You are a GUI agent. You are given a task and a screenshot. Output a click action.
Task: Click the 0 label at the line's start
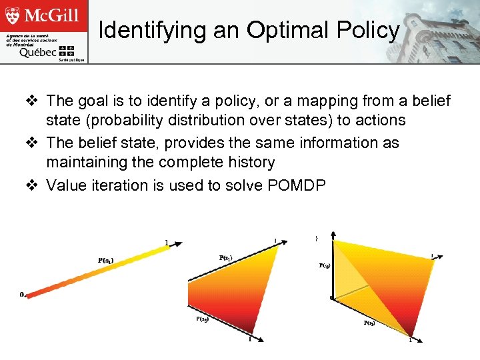click(21, 294)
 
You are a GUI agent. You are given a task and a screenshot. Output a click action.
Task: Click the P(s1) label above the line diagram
click(105, 261)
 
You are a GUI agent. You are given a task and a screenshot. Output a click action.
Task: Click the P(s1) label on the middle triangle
click(227, 257)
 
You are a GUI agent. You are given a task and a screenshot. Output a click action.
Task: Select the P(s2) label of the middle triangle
click(203, 319)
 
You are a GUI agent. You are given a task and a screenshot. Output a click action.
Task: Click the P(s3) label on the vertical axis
click(323, 265)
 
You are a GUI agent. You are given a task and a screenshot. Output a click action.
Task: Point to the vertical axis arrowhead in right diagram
click(332, 237)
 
